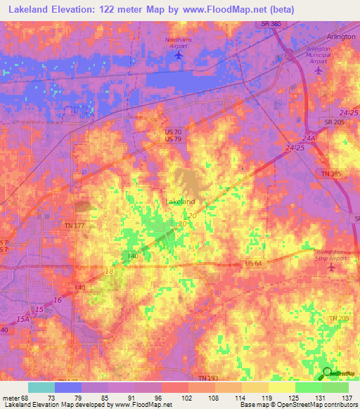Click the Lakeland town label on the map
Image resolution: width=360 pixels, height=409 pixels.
point(180,202)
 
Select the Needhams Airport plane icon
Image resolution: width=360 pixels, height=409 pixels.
point(179,54)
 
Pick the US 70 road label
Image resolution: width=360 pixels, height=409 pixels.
point(173,131)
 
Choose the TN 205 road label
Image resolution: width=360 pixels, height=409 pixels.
point(340,319)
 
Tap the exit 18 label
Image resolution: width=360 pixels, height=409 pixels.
point(108,271)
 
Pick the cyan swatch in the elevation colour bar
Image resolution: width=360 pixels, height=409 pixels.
point(41,387)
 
